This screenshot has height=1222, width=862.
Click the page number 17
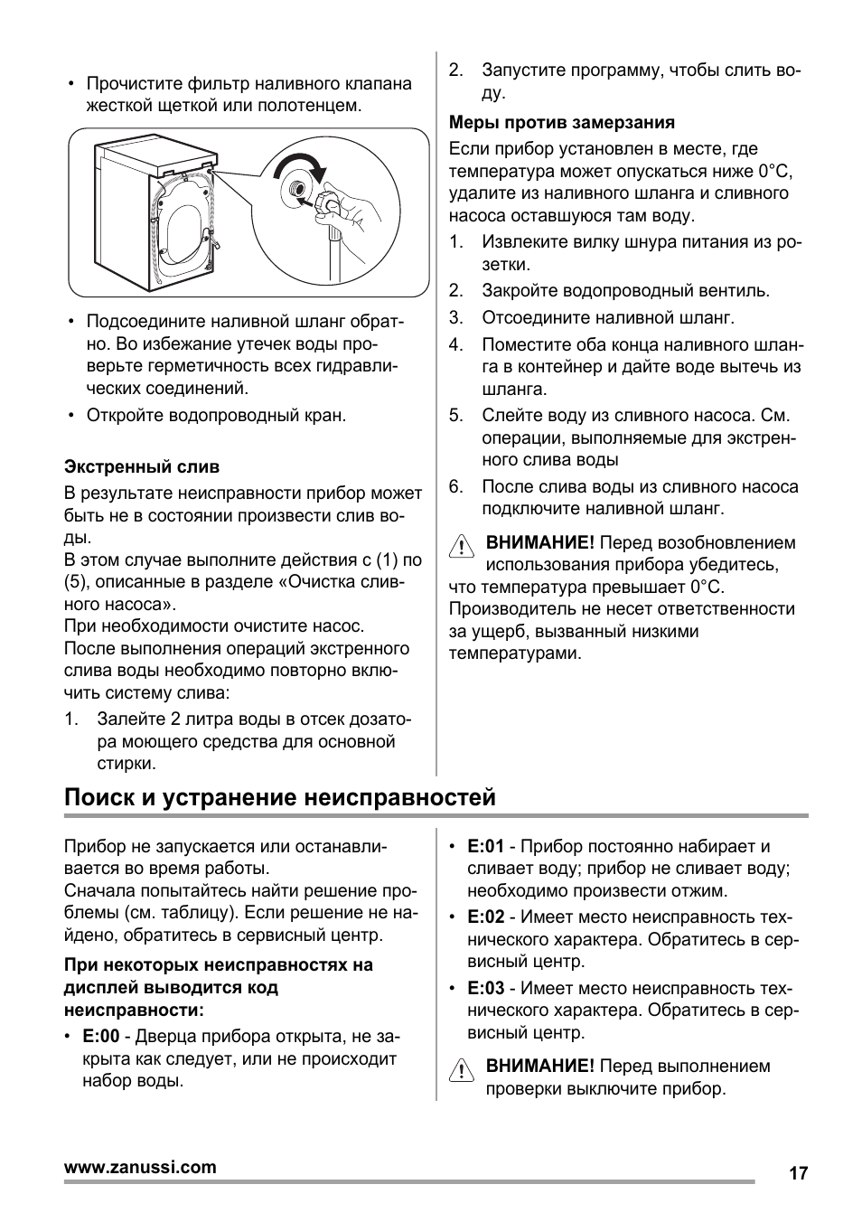797,1173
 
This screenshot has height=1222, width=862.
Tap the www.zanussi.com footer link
140,1167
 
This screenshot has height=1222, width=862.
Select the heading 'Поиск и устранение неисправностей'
280,797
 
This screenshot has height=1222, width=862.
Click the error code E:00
100,1037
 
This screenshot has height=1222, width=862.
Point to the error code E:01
485,847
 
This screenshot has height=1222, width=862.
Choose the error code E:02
485,917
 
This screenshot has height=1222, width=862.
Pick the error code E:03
485,989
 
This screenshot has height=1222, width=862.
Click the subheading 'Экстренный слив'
142,467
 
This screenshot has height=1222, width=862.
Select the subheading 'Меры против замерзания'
562,123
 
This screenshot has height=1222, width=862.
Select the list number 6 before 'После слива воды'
455,487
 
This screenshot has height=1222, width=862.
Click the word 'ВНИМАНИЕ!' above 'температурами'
539,543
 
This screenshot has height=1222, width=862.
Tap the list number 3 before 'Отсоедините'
455,318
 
